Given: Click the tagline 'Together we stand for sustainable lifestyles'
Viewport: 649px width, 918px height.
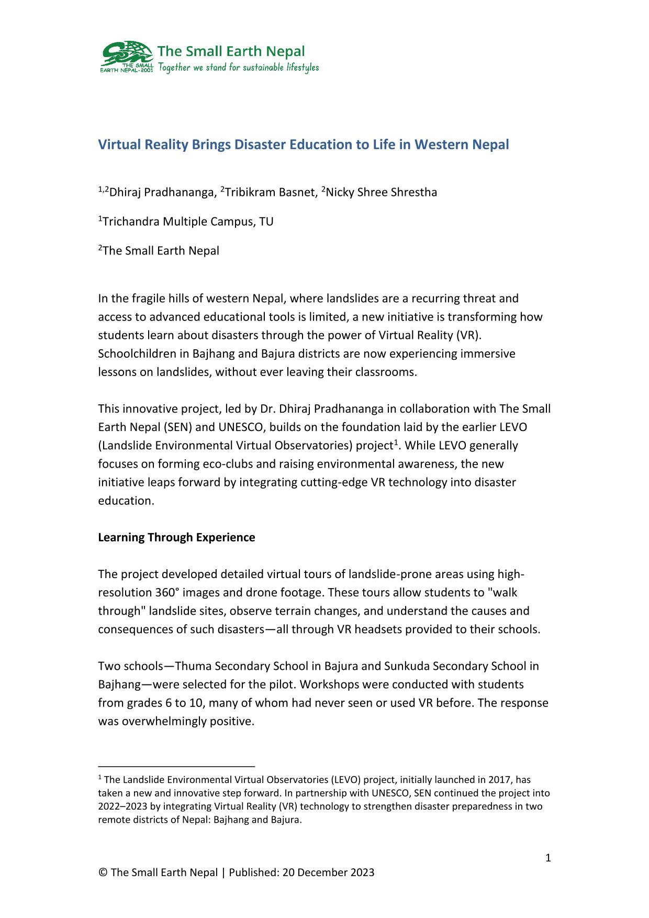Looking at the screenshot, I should tap(238, 68).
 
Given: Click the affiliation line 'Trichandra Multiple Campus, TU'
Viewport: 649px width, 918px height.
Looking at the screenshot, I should tap(187, 222).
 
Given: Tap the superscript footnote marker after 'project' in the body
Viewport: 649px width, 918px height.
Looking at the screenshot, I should tap(397, 442).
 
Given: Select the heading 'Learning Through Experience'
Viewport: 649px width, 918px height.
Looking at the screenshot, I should tap(176, 538).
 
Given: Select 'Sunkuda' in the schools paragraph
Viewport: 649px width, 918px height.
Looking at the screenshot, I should tap(407, 666).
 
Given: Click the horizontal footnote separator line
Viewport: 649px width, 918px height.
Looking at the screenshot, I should tap(176, 766).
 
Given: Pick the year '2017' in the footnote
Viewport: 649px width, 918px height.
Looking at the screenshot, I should tap(497, 780).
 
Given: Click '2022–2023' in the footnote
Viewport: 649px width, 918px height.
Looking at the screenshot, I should tap(121, 806).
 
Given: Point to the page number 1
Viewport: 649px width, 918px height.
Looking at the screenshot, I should tap(548, 858).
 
